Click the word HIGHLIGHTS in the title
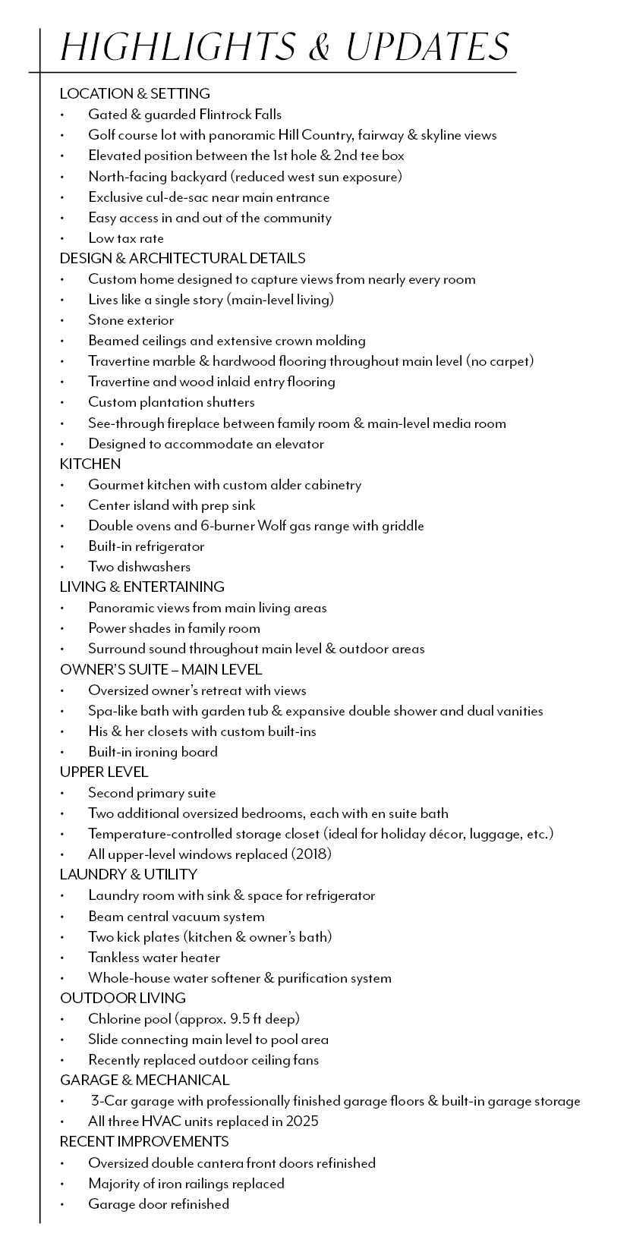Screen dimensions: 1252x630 (x=176, y=47)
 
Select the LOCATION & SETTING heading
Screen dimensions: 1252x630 (x=135, y=94)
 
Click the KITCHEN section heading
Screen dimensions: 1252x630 (x=90, y=464)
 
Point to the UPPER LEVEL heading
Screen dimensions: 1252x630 (x=104, y=772)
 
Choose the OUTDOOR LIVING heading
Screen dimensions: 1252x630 (x=123, y=998)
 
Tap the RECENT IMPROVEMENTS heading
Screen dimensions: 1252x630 (x=144, y=1141)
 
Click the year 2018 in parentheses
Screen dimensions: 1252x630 (x=311, y=854)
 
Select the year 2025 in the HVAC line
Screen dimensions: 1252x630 (x=300, y=1121)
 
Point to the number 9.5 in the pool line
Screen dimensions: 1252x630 (x=251, y=1019)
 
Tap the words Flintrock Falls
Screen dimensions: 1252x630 (x=240, y=115)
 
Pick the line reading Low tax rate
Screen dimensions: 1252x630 (x=126, y=238)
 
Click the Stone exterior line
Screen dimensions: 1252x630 (x=131, y=320)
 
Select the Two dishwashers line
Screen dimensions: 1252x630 (x=139, y=567)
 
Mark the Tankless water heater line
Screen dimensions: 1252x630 (x=154, y=958)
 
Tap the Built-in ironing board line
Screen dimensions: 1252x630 (x=153, y=752)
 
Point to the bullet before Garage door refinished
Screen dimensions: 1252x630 (x=62, y=1204)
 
